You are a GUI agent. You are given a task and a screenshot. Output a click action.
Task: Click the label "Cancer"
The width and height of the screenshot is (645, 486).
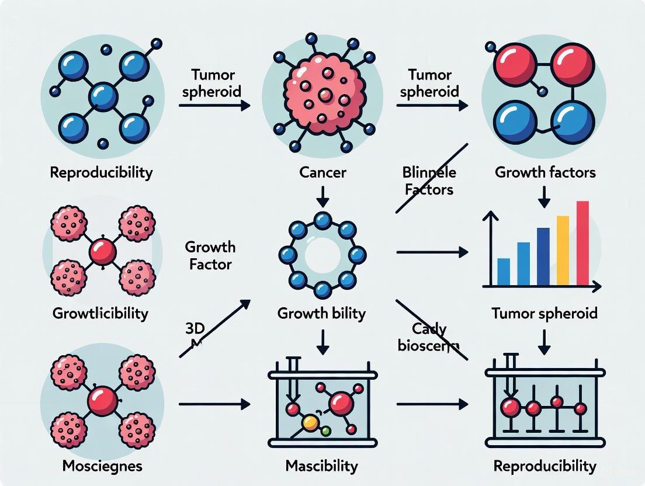pos(322,173)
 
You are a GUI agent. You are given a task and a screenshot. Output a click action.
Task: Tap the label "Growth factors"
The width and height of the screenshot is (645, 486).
pos(545,172)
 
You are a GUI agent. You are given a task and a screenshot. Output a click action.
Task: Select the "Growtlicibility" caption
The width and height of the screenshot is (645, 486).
pos(100,313)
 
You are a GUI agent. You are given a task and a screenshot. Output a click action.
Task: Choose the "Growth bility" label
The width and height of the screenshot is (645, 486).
pos(322,313)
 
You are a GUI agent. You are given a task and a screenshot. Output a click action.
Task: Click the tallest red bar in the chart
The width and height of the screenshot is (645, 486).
pos(582,242)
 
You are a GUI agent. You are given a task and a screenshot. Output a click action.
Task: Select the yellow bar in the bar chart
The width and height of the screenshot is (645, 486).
pos(563,250)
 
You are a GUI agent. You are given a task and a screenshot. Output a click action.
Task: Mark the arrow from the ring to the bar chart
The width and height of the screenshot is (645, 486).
pos(432,252)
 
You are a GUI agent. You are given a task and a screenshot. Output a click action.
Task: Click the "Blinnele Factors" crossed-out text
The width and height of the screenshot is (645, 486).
pos(429,180)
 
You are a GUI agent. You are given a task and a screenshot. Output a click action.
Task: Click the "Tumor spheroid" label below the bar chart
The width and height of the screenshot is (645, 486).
pos(545,313)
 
